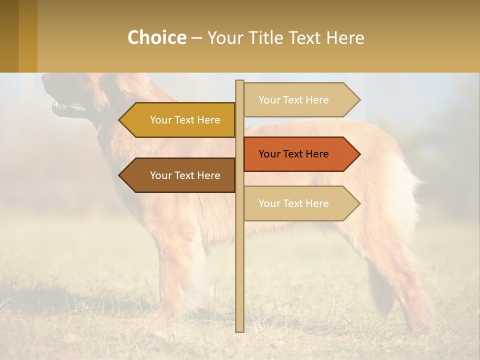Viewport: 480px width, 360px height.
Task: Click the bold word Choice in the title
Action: click(156, 37)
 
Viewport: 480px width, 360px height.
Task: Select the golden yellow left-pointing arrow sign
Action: click(180, 120)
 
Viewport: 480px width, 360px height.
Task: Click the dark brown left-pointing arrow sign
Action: click(180, 175)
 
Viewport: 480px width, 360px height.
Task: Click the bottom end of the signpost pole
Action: click(240, 329)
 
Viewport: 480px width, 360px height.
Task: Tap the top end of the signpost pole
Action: click(240, 82)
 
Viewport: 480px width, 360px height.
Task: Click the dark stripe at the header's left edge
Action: click(9, 36)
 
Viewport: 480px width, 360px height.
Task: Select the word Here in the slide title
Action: click(345, 37)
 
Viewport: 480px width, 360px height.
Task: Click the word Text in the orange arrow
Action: click(293, 154)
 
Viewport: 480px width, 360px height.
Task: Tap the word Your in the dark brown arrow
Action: click(160, 175)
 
